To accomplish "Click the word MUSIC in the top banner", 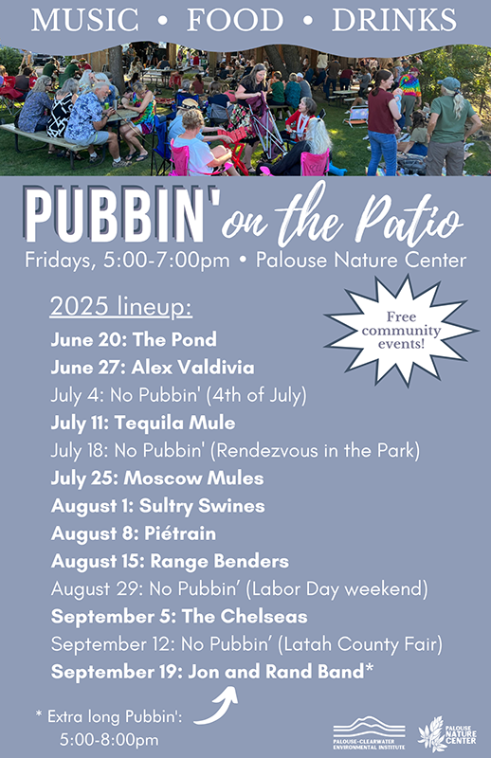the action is point(85,20).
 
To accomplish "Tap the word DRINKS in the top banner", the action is point(394,20).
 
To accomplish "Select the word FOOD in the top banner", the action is point(235,20).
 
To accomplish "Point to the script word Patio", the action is point(409,218).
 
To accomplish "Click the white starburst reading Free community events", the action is point(402,331).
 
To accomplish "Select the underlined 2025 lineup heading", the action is point(121,307).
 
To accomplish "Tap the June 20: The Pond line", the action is point(134,339).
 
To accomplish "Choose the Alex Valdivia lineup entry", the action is point(153,368).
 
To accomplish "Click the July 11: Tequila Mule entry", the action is point(143,423).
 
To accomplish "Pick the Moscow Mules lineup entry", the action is point(157,478).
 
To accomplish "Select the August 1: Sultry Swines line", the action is point(157,506).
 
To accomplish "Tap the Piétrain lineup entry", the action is point(134,533).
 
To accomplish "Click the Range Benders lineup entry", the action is point(170,561).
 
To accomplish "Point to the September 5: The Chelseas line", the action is point(179,617).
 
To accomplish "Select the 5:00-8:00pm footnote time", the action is point(109,740).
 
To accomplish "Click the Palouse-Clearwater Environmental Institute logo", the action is point(369,732).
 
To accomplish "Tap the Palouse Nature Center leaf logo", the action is point(447,733).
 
